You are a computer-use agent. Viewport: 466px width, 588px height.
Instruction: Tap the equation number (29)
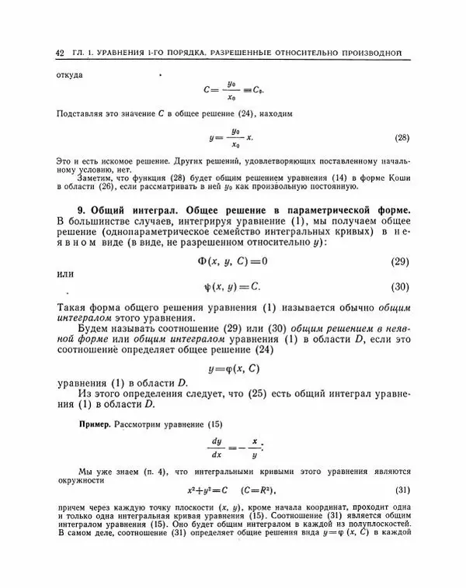coord(399,260)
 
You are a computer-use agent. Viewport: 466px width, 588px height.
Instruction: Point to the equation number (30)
coord(399,287)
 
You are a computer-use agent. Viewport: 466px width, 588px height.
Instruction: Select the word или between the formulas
coord(66,273)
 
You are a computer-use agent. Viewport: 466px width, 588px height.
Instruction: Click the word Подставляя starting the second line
coord(79,114)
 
